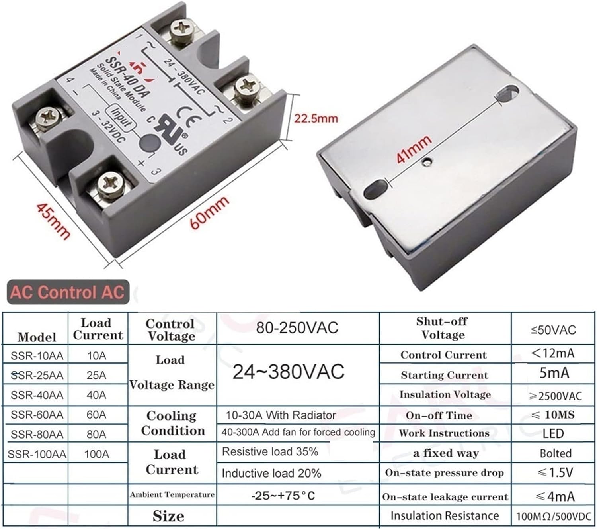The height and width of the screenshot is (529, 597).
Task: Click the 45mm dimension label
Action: [53, 221]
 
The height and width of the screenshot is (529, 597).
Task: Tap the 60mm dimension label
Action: [209, 212]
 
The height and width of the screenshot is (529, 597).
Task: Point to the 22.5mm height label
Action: [316, 118]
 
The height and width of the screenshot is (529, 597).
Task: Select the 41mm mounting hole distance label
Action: [414, 149]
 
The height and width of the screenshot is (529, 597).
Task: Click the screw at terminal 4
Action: [49, 117]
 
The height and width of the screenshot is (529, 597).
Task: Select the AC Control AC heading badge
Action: [68, 292]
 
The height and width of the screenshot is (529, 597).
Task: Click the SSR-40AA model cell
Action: [37, 395]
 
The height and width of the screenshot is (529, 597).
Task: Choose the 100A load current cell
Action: [96, 454]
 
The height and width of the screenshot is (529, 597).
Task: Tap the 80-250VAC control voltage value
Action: [297, 328]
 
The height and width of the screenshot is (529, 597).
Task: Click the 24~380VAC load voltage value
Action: [288, 372]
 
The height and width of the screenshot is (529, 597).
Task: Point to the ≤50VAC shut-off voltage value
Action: [553, 330]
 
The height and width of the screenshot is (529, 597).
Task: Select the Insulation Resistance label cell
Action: [445, 516]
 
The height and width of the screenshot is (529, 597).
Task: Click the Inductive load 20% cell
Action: [271, 473]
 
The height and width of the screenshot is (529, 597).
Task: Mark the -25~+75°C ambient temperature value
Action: [283, 496]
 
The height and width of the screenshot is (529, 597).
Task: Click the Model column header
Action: [37, 337]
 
